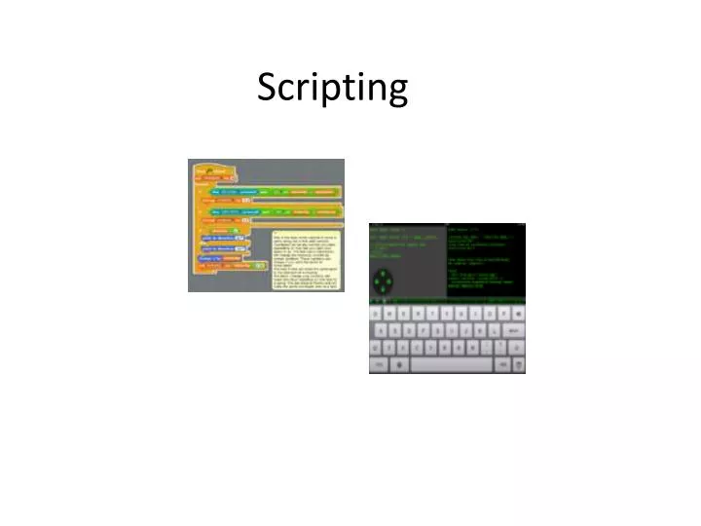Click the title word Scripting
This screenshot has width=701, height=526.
pyautogui.click(x=332, y=89)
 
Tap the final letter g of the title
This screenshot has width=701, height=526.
pyautogui.click(x=396, y=93)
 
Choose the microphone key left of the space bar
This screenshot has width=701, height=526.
pyautogui.click(x=398, y=364)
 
